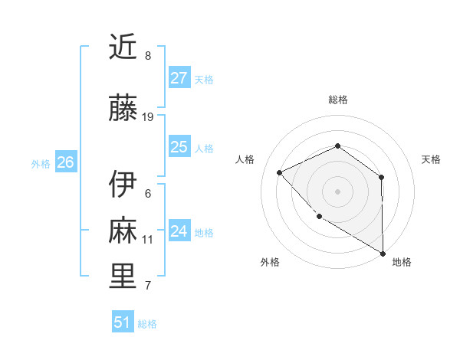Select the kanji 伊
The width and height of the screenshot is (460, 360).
[123, 184]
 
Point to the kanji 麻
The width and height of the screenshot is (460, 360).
[123, 231]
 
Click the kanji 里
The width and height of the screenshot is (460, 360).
[123, 277]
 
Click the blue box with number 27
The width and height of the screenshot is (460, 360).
[179, 78]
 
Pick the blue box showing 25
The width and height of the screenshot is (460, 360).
[179, 147]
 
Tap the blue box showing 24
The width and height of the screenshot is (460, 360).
[179, 231]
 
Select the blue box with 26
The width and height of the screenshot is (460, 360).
[65, 162]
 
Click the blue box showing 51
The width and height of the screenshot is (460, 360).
[123, 322]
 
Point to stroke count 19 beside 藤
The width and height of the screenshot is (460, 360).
[148, 117]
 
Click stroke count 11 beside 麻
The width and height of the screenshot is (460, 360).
[148, 240]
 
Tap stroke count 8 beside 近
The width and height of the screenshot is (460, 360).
[148, 56]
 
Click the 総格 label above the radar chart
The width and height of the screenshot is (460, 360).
[338, 100]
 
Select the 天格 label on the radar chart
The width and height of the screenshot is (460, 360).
[432, 159]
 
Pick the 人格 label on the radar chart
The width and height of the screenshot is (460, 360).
[245, 159]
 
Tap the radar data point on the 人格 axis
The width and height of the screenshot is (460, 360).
[280, 172]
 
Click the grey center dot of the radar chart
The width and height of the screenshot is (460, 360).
[337, 191]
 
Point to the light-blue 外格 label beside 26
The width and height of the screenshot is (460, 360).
[41, 163]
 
